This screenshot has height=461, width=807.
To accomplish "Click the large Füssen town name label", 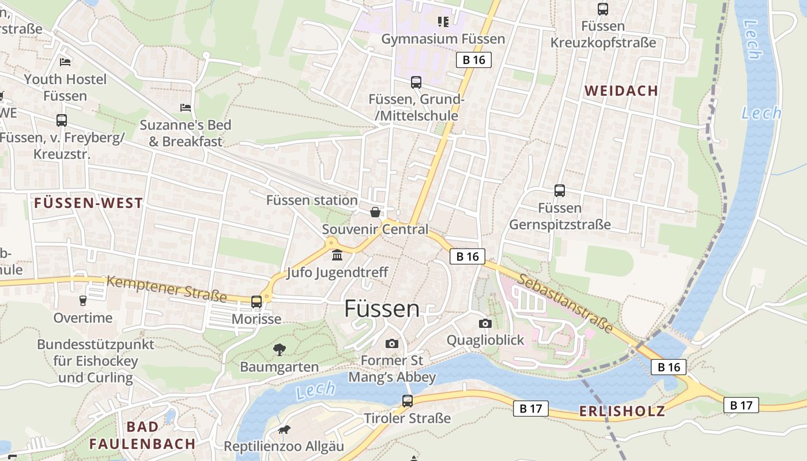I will click(382, 309).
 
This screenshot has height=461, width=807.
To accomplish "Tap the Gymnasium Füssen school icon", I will click(443, 22).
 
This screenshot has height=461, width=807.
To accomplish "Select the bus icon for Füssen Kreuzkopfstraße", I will click(602, 9).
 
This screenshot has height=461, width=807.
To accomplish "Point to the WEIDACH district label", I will click(621, 90).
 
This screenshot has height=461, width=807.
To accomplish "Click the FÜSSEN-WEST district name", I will click(88, 203).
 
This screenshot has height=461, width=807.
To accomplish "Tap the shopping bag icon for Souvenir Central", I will click(375, 212).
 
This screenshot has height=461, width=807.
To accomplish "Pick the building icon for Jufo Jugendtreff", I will click(337, 255).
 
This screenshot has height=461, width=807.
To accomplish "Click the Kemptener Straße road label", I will click(167, 289).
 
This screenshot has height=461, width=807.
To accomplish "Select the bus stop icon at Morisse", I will click(257, 302).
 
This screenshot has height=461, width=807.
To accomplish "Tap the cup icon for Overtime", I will click(82, 301).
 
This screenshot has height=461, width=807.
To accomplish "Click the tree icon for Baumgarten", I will click(280, 349).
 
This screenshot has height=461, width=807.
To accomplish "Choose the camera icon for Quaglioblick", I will click(485, 323).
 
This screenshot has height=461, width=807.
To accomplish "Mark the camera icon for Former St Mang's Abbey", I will click(392, 343).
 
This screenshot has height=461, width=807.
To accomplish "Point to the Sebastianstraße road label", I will click(565, 303).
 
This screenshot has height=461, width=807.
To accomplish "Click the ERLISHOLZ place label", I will click(621, 411).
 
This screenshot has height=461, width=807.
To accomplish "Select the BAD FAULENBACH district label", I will click(142, 435).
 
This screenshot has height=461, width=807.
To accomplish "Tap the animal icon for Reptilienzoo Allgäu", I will click(284, 429).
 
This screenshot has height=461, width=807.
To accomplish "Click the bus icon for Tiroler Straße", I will click(408, 400).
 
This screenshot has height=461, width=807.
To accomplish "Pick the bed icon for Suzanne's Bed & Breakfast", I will click(186, 108).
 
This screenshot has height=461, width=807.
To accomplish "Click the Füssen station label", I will click(312, 200).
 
